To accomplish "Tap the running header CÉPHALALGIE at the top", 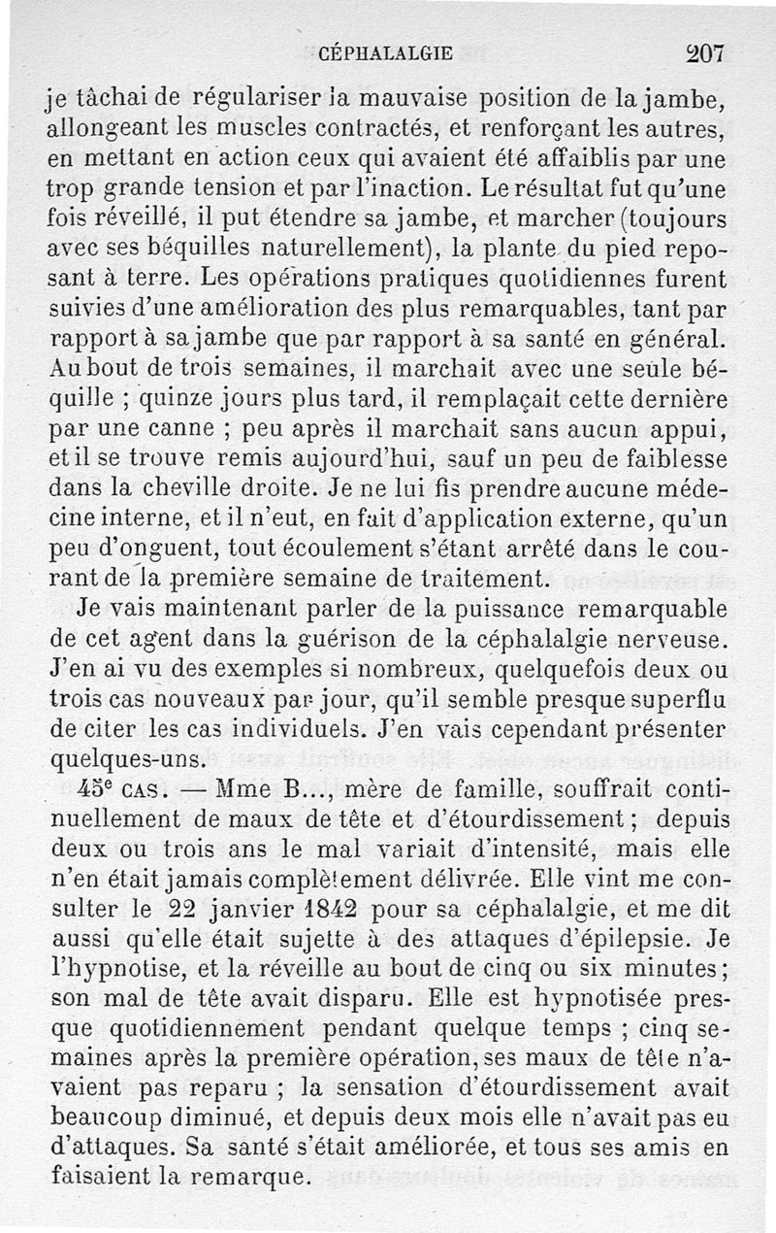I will [386, 54].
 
